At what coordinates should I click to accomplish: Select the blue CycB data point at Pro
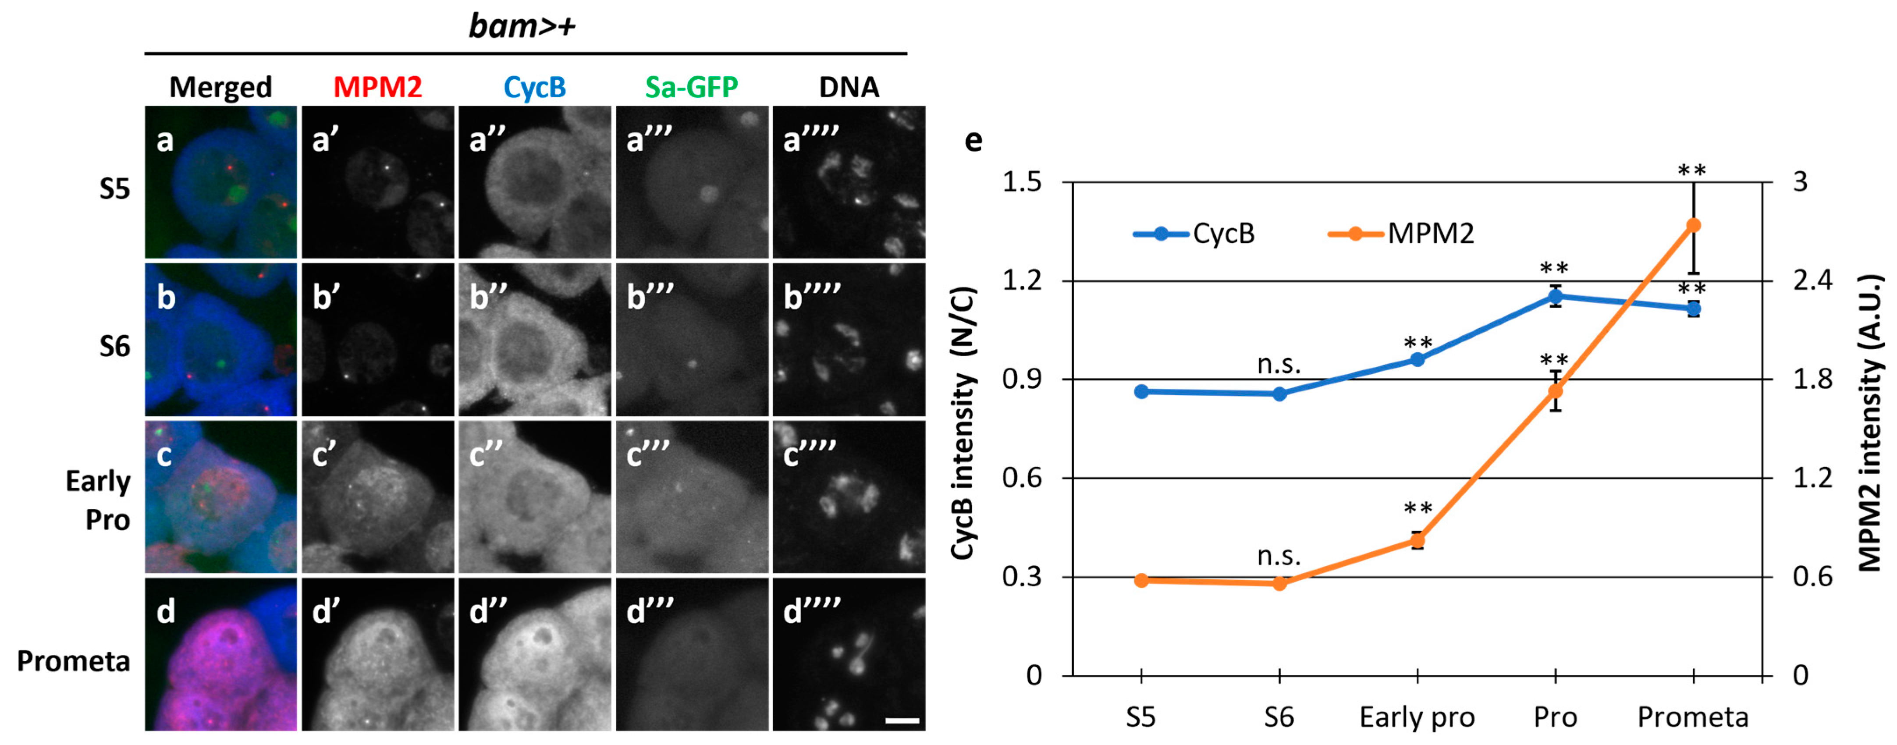point(1555,297)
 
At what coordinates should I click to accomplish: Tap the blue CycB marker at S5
point(1141,392)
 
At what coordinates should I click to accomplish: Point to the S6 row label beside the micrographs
point(115,346)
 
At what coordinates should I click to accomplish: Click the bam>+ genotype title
point(522,26)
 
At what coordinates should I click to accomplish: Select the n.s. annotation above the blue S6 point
point(1279,364)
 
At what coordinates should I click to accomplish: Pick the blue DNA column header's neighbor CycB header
point(535,87)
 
